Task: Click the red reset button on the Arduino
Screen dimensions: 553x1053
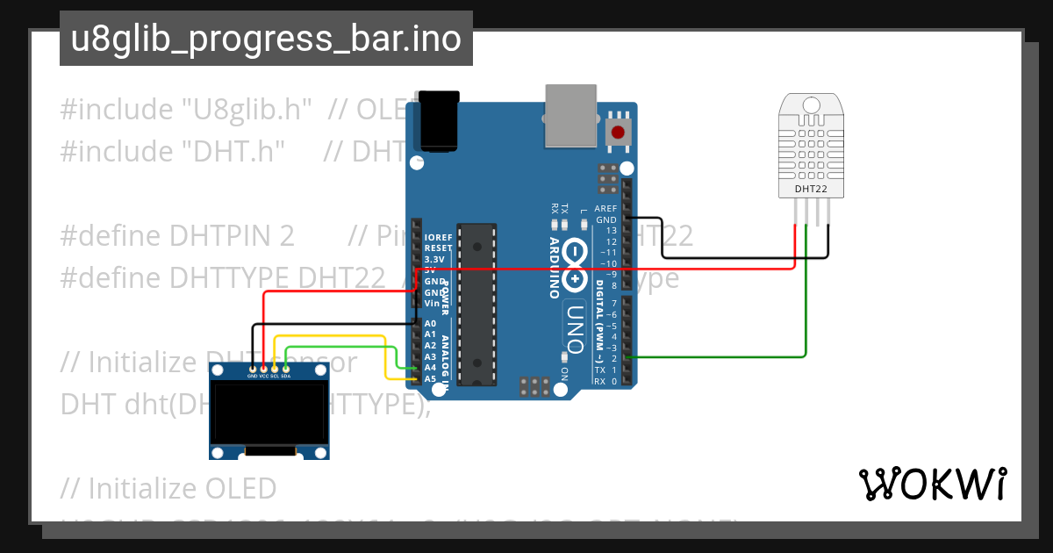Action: click(619, 133)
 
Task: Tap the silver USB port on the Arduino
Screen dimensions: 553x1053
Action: click(570, 116)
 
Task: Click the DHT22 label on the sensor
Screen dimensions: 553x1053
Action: click(810, 188)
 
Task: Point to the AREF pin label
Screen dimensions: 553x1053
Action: click(605, 208)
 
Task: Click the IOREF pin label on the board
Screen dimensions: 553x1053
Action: click(438, 238)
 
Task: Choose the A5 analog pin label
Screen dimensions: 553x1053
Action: click(430, 378)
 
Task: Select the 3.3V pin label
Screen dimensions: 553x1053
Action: click(433, 260)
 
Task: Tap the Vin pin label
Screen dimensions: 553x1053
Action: click(432, 303)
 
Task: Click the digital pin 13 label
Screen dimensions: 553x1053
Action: click(612, 230)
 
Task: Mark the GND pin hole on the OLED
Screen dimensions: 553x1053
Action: click(253, 369)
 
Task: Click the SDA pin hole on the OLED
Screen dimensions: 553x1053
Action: click(286, 369)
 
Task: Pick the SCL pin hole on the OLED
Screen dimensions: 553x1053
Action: click(275, 369)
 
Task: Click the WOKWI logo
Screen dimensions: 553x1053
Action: click(932, 484)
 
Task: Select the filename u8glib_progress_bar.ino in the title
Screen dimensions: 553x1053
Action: click(266, 39)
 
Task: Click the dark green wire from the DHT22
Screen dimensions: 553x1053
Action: click(806, 298)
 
